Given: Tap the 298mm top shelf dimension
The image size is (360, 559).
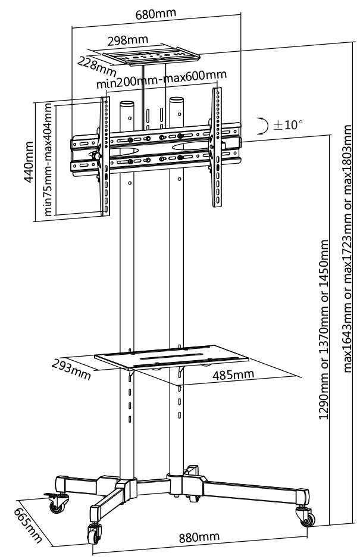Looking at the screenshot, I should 128,40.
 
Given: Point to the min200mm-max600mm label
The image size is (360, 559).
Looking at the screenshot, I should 162,80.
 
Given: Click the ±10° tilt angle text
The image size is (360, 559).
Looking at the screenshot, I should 288,125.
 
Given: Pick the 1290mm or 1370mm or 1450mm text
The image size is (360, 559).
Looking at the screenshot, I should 324,329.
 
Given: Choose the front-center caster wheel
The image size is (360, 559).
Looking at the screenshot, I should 95,534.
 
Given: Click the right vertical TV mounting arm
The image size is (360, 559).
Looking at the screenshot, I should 217,146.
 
